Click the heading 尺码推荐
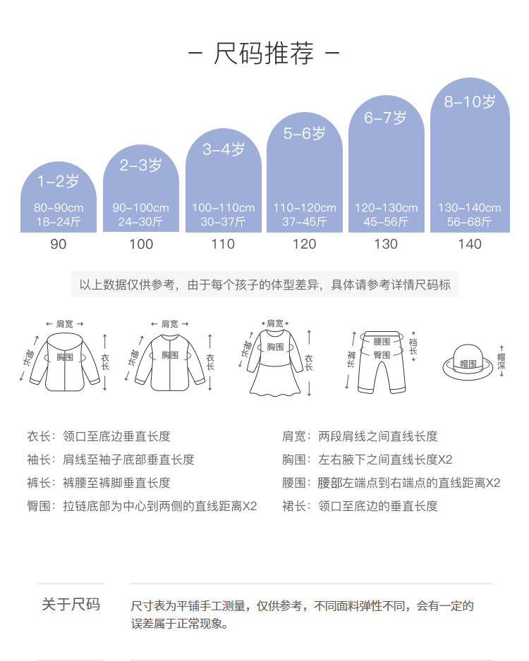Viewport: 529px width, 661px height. pyautogui.click(x=264, y=54)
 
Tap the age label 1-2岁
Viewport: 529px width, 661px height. pyautogui.click(x=59, y=181)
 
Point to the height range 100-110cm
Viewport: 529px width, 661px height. pyautogui.click(x=223, y=208)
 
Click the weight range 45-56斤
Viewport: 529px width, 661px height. pyautogui.click(x=387, y=222)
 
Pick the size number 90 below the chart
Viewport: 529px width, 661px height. pyautogui.click(x=59, y=244)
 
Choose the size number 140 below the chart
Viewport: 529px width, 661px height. pyautogui.click(x=470, y=244)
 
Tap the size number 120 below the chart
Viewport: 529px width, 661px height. pyautogui.click(x=305, y=244)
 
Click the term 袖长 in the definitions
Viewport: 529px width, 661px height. pyautogui.click(x=39, y=459)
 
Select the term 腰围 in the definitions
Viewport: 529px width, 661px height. pyautogui.click(x=294, y=483)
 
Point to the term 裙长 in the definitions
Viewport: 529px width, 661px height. pyautogui.click(x=294, y=506)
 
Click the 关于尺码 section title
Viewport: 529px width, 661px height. pyautogui.click(x=71, y=605)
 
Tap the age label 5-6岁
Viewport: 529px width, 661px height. pyautogui.click(x=305, y=133)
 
